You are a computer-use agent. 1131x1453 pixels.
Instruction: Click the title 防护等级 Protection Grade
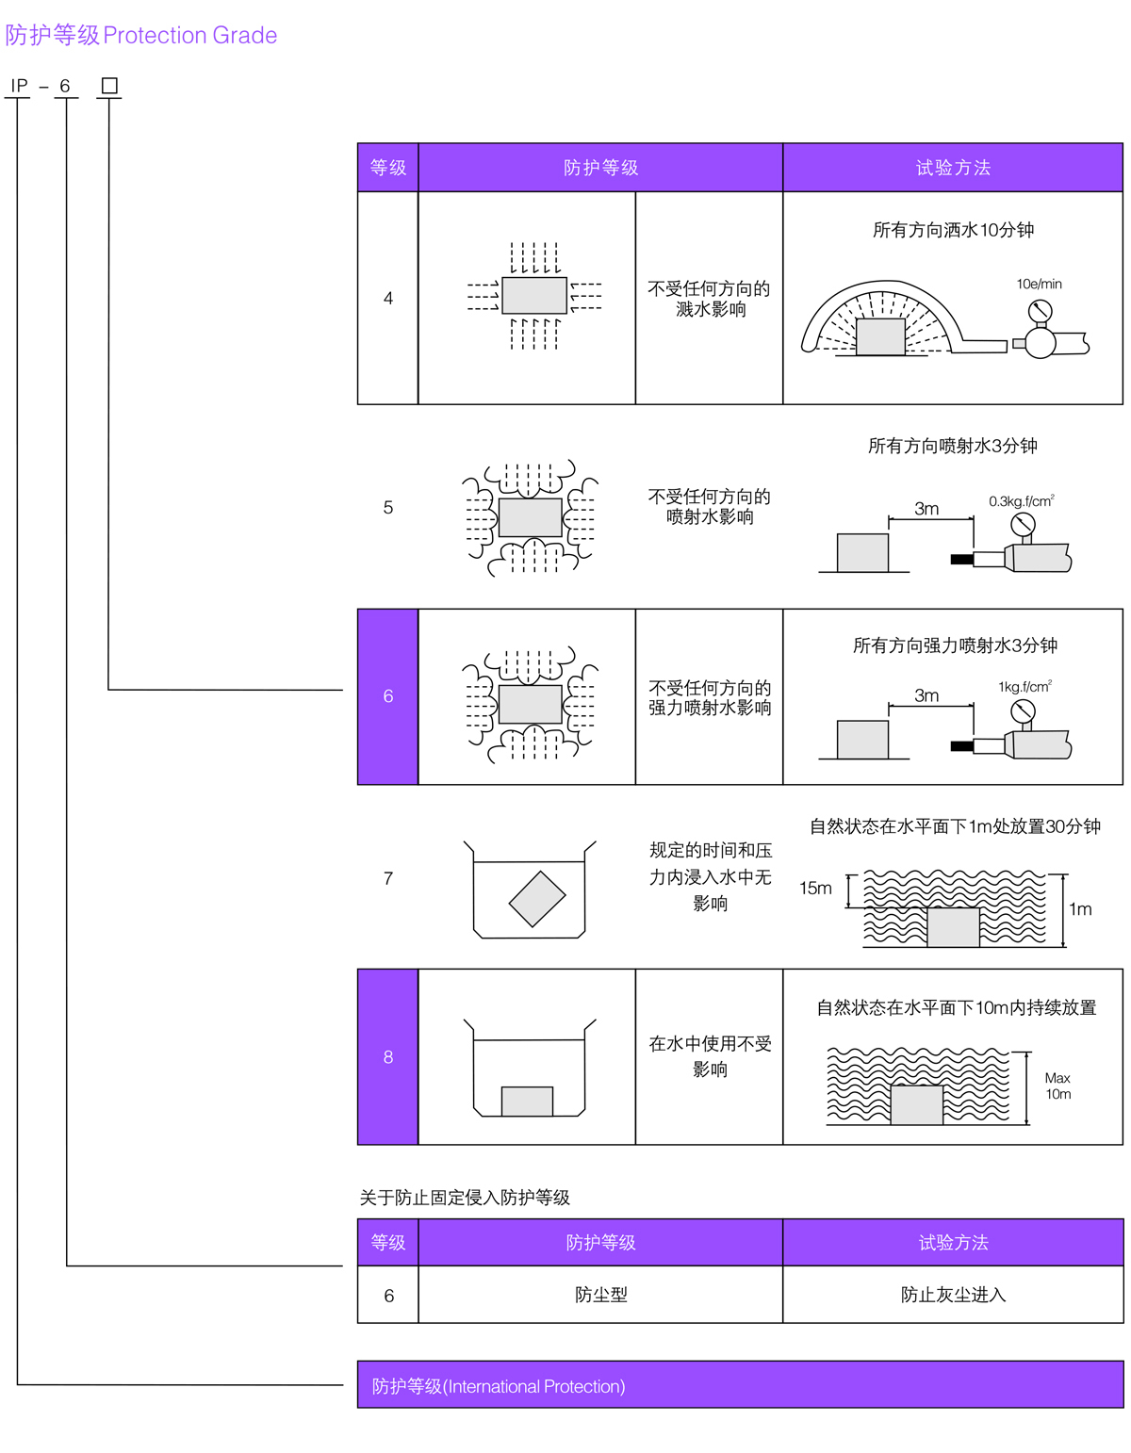(141, 35)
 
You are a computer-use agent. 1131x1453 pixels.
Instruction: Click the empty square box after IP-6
(109, 86)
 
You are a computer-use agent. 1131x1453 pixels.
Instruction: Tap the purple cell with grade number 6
(387, 696)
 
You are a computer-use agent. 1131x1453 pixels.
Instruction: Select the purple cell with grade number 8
(387, 1056)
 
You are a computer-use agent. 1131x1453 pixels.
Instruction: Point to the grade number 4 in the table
(387, 298)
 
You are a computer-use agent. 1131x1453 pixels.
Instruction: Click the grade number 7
(387, 878)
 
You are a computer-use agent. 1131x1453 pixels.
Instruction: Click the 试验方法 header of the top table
(953, 168)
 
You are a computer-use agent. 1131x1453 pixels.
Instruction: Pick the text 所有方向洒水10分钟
(953, 230)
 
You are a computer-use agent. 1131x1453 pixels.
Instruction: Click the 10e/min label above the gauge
(1039, 284)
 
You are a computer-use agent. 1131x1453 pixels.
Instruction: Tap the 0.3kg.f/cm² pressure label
(1021, 501)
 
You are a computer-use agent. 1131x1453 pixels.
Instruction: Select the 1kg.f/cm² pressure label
(1024, 687)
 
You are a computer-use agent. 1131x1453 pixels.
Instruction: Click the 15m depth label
(815, 888)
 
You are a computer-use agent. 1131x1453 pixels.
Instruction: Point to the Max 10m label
(1057, 1086)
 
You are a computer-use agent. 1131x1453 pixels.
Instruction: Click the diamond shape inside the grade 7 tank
(536, 899)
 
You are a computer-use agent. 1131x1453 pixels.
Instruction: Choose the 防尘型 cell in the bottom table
(600, 1295)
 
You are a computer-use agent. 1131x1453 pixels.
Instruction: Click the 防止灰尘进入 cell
(953, 1295)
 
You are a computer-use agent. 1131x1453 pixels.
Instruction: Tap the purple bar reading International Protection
(740, 1385)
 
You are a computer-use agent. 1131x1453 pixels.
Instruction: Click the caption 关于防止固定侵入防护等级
(465, 1198)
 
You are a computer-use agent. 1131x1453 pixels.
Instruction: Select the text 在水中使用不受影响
(710, 1056)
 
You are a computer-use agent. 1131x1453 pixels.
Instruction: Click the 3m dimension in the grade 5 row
(926, 509)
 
